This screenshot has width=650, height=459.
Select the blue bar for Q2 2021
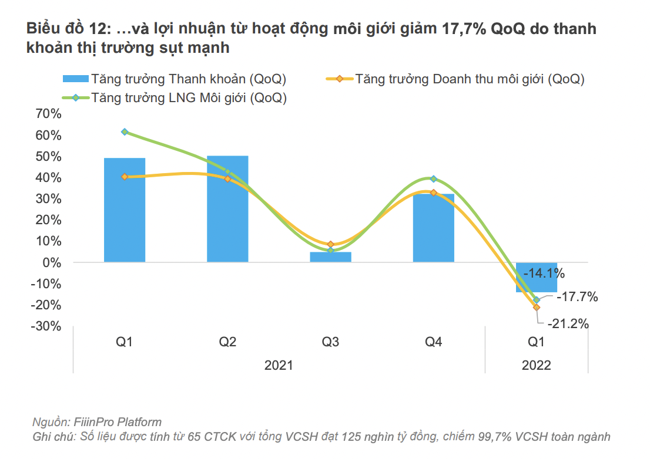point(227,208)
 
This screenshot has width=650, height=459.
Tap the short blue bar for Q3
point(330,257)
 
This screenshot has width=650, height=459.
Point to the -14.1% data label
point(544,273)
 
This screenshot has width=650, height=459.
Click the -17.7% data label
point(577,297)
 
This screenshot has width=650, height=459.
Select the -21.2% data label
point(568,323)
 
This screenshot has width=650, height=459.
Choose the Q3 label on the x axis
point(330,342)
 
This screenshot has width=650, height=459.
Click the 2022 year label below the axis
point(536,365)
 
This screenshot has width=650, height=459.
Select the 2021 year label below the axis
point(279,365)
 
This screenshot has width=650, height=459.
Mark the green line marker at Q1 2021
point(125,132)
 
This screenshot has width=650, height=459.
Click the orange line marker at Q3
point(330,244)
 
